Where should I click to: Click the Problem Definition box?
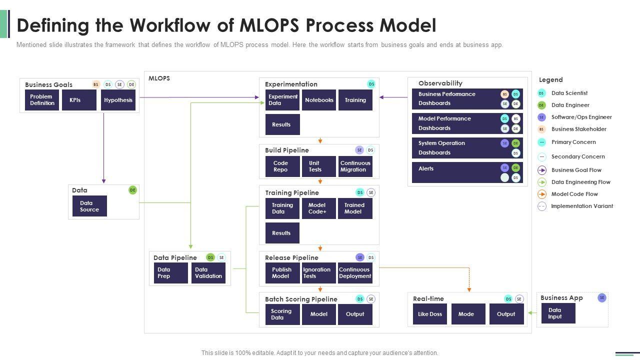tap(42, 100)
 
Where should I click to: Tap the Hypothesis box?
tap(118, 100)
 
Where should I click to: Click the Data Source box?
tap(89, 206)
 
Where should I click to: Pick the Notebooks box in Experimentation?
tap(319, 100)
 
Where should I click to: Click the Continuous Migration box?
tap(355, 166)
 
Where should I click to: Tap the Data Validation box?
tap(208, 273)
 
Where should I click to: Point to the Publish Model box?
tap(282, 273)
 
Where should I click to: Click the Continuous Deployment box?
tap(355, 273)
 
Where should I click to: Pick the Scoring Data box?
tap(282, 314)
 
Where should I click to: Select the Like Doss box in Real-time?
tap(430, 314)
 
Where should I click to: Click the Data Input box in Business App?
tap(558, 313)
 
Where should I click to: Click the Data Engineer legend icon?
tap(541, 105)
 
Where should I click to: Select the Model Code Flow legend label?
tap(574, 194)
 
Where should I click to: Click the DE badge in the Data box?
tap(132, 190)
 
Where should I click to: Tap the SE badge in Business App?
tap(602, 297)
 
